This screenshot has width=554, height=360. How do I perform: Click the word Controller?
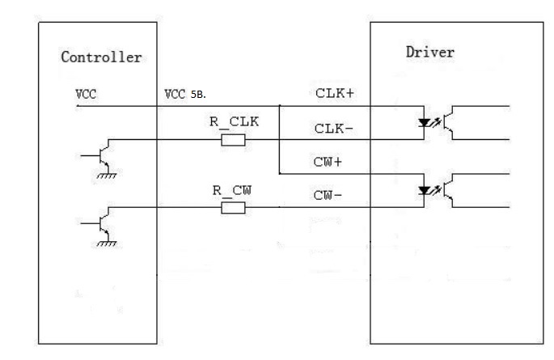101,57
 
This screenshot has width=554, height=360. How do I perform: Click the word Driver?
430,53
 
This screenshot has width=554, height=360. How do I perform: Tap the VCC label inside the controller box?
86,95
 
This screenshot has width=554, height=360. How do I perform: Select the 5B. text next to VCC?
198,95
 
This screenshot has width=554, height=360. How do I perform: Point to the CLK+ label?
334,93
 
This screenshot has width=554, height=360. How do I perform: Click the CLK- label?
333,129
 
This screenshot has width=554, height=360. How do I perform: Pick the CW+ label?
328,162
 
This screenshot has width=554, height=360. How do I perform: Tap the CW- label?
328,195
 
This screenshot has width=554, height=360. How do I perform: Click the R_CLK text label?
235,122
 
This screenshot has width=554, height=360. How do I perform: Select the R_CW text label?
232,191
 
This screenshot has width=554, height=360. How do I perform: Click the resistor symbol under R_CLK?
233,140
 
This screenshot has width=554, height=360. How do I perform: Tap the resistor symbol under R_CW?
233,208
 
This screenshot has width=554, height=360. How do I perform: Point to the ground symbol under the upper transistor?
106,176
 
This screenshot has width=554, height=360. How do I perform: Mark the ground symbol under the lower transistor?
106,244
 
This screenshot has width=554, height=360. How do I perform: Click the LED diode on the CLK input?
424,123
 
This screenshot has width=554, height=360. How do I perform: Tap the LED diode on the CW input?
424,191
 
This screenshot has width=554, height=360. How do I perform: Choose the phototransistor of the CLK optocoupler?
448,123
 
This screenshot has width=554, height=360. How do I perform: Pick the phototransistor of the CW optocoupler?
448,190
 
